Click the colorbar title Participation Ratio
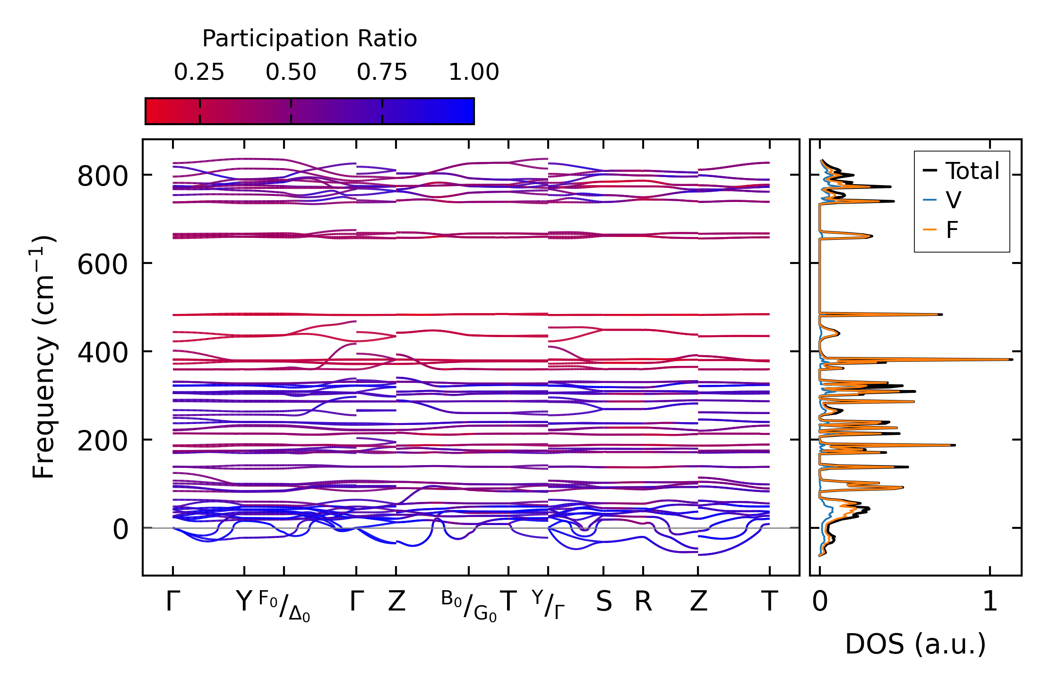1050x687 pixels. pos(310,39)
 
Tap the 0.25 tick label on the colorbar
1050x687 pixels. pos(199,72)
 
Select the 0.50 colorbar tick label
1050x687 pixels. pos(291,72)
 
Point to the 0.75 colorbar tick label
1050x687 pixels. pos(382,72)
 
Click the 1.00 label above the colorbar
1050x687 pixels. pos(473,72)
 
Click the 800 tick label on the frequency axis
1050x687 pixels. pos(103,177)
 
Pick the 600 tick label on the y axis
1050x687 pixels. pos(103,264)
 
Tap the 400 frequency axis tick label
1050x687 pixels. pos(103,353)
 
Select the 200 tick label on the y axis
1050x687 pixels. pos(103,441)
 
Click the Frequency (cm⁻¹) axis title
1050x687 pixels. pos(43,357)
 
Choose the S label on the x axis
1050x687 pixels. pos(603,602)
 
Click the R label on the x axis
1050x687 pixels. pos(643,602)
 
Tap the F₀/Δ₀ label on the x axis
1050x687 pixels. pos(284,606)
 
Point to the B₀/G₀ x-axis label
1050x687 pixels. pos(469,606)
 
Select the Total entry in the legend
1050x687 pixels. pos(972,171)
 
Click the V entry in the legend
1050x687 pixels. pos(953,200)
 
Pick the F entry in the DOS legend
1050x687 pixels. pos(952,230)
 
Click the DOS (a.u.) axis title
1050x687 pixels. pos(915,644)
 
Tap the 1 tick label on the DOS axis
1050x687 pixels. pos(990,602)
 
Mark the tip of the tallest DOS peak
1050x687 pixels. pos(1012,360)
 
